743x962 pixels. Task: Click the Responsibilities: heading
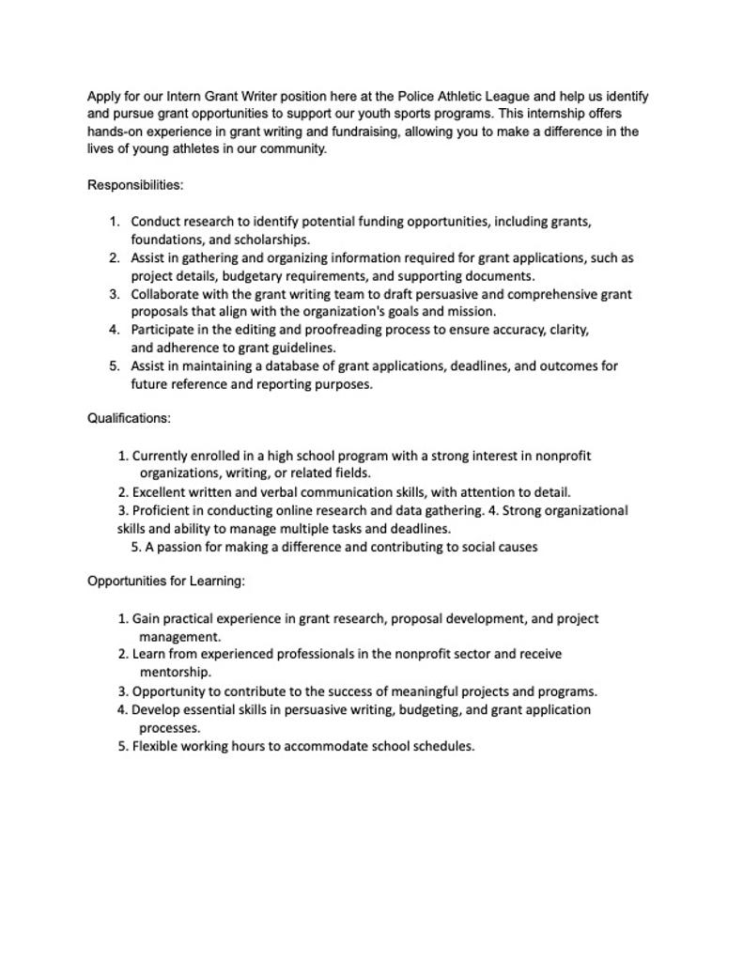pyautogui.click(x=135, y=185)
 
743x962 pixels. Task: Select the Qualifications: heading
pyautogui.click(x=129, y=418)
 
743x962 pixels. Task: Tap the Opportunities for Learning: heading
pyautogui.click(x=166, y=582)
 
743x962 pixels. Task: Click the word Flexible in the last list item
pyautogui.click(x=157, y=747)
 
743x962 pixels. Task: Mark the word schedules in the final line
pyautogui.click(x=443, y=747)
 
